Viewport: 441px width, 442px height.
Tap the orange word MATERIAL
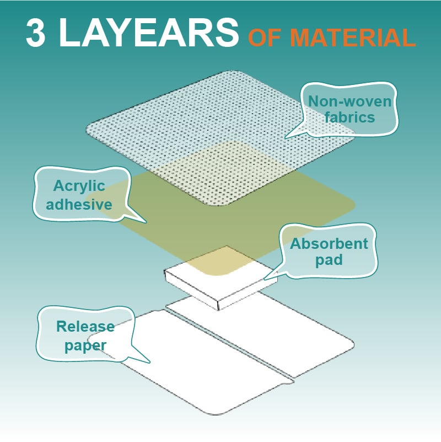click(x=353, y=38)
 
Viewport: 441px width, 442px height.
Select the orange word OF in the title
click(x=265, y=38)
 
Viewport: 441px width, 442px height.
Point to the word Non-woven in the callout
click(x=349, y=101)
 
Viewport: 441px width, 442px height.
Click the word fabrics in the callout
click(x=349, y=117)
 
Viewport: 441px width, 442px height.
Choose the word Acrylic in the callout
click(x=79, y=187)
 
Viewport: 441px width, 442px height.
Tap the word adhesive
click(x=79, y=204)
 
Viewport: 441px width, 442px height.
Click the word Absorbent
click(x=329, y=243)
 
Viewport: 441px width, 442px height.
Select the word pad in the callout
click(x=329, y=260)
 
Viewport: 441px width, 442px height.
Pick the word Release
click(x=85, y=327)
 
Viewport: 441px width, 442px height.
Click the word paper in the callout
click(x=85, y=346)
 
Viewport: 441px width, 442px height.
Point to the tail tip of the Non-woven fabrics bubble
click(x=284, y=138)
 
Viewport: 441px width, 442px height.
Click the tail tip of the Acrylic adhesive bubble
click(x=147, y=223)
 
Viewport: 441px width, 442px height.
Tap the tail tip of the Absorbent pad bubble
click(x=264, y=280)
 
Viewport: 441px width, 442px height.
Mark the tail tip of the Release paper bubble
click(x=150, y=363)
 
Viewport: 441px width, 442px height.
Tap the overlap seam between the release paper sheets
click(x=229, y=344)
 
